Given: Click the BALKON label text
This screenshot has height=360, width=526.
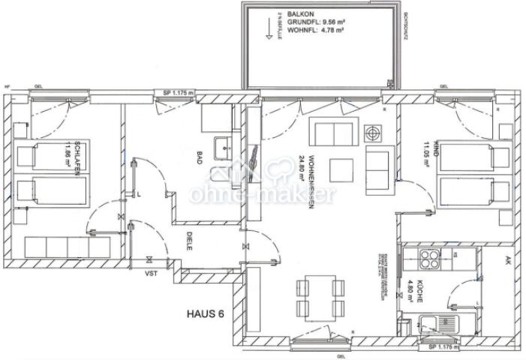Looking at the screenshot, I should coord(290,13).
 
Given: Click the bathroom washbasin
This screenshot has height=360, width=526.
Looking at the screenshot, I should coord(222,147).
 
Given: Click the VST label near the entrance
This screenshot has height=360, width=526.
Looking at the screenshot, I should coord(151,275).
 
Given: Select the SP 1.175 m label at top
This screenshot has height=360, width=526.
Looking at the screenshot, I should coord(178,93).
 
